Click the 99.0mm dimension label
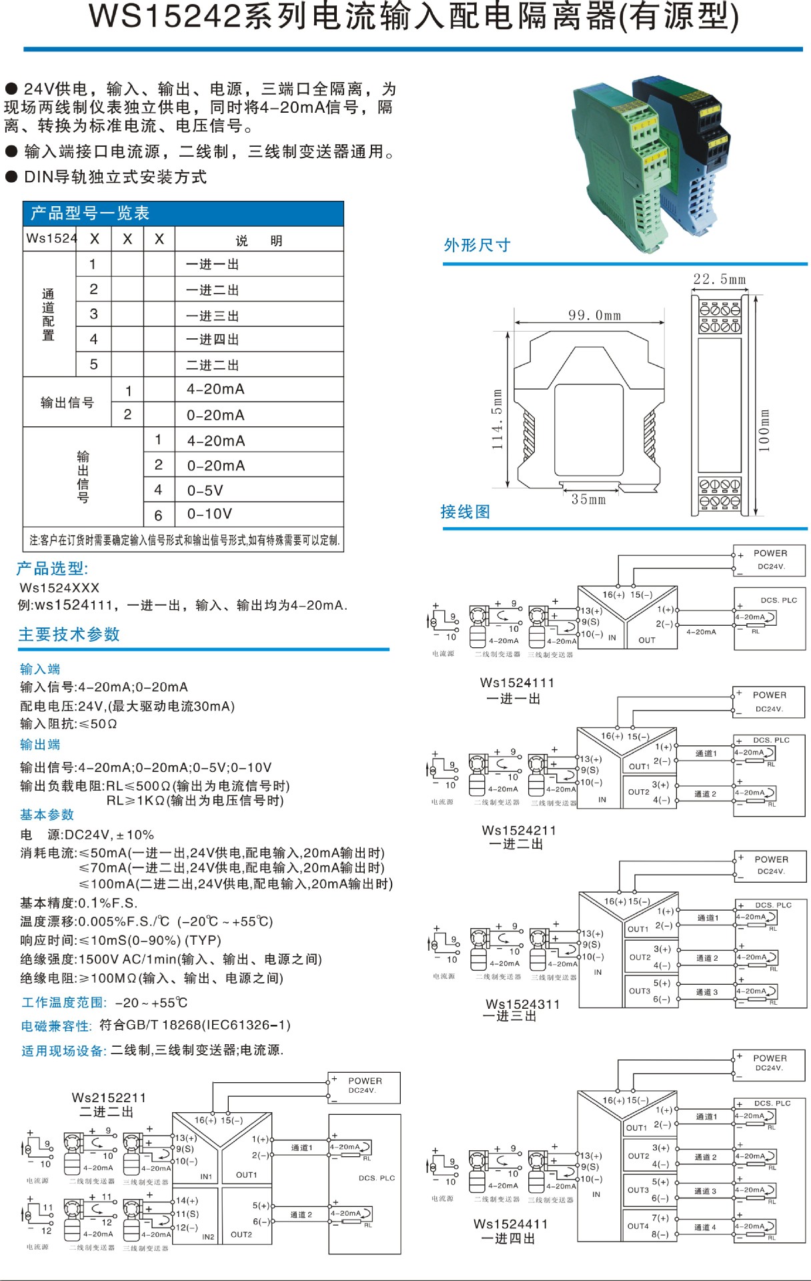pos(594,315)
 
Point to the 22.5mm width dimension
pos(719,279)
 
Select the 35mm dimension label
pos(588,499)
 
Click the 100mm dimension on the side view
pos(764,430)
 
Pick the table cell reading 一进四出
pos(212,340)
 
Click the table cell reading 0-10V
pos(209,514)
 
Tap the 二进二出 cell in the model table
pos(212,365)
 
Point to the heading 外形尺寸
pos(477,246)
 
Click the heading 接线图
pos(465,512)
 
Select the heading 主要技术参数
pos(69,634)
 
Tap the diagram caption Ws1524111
pos(517,683)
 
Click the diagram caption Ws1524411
pos(510,1224)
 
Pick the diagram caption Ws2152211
pos(109,1098)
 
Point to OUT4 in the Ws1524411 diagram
pos(638,1226)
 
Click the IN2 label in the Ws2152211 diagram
pos(208,1236)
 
